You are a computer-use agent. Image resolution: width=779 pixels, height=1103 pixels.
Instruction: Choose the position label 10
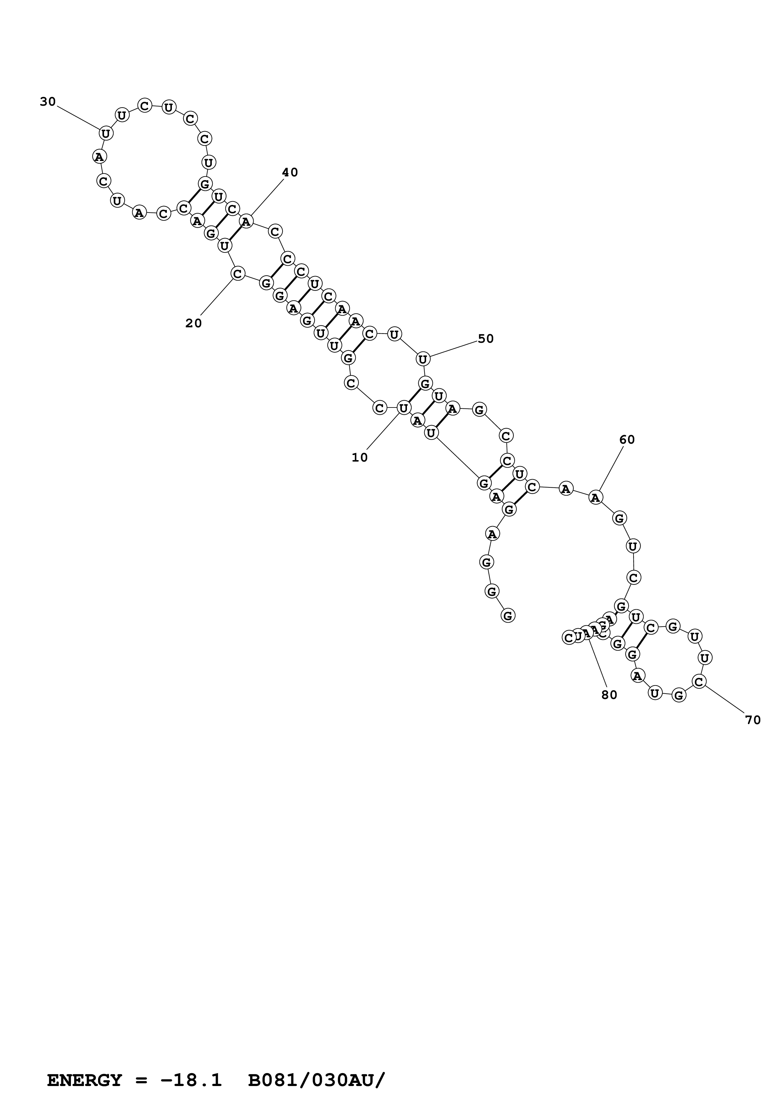[359, 457]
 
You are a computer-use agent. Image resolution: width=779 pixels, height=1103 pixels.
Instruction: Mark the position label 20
[194, 323]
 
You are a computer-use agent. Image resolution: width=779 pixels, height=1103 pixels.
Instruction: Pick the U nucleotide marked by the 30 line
[106, 133]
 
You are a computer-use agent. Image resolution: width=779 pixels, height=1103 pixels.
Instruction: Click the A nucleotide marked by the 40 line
[246, 221]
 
